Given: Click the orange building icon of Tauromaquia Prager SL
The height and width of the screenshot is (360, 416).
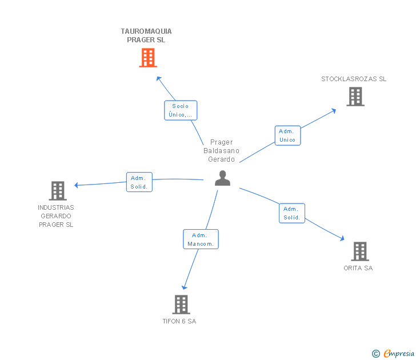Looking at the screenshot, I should coord(148,58).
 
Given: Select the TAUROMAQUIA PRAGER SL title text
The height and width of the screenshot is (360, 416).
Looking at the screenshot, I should coord(146,36).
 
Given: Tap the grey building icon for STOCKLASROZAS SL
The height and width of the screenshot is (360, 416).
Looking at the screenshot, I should coord(355,97).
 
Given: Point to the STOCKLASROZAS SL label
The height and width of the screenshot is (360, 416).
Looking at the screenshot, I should coord(354,79).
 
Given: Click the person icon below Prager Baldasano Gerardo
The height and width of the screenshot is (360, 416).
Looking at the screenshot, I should coord(222,178).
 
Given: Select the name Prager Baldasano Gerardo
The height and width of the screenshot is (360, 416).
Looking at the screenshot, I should coord(222,151).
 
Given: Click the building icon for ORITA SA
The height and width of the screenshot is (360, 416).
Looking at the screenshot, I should coord(359,251).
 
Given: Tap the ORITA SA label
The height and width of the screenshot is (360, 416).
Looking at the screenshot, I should coord(358,268).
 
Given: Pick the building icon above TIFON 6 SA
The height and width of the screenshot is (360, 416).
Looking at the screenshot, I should coord(181,304).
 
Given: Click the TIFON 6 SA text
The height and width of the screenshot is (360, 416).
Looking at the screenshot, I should coord(179,321).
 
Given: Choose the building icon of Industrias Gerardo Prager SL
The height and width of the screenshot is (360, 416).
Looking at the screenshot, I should coord(58,190).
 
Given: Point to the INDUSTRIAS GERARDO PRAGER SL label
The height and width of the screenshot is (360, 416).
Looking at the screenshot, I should coord(56,216).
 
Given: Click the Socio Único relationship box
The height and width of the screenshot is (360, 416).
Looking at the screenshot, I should coord(181,110).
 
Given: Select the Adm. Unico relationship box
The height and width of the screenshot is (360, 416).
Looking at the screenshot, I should coord(287,135).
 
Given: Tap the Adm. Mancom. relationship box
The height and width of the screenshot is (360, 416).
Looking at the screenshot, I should coord(201,239).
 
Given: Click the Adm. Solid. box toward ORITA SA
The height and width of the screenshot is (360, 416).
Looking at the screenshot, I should coord(292,213).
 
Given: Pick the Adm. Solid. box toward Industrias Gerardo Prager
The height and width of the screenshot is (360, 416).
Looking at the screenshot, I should coord(139,182).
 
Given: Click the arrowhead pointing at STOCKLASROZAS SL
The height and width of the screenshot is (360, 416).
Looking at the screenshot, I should coord(334,110).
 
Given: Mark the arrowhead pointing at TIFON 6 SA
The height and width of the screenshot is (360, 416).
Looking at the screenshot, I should coord(184,287).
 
